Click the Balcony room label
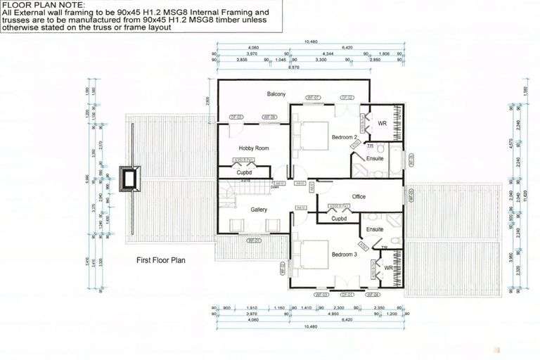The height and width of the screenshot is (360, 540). [x=275, y=94]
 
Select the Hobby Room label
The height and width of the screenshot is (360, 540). [x=254, y=148]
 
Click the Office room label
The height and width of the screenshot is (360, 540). [x=359, y=196]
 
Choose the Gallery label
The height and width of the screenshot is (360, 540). [x=259, y=210]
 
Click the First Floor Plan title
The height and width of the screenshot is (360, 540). [x=162, y=259]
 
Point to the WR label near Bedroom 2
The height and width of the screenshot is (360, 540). [x=382, y=124]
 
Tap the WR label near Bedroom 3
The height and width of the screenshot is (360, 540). [x=388, y=267]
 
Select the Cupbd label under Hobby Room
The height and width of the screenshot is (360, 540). [x=244, y=172]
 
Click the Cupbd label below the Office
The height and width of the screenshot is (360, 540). [x=340, y=219]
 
